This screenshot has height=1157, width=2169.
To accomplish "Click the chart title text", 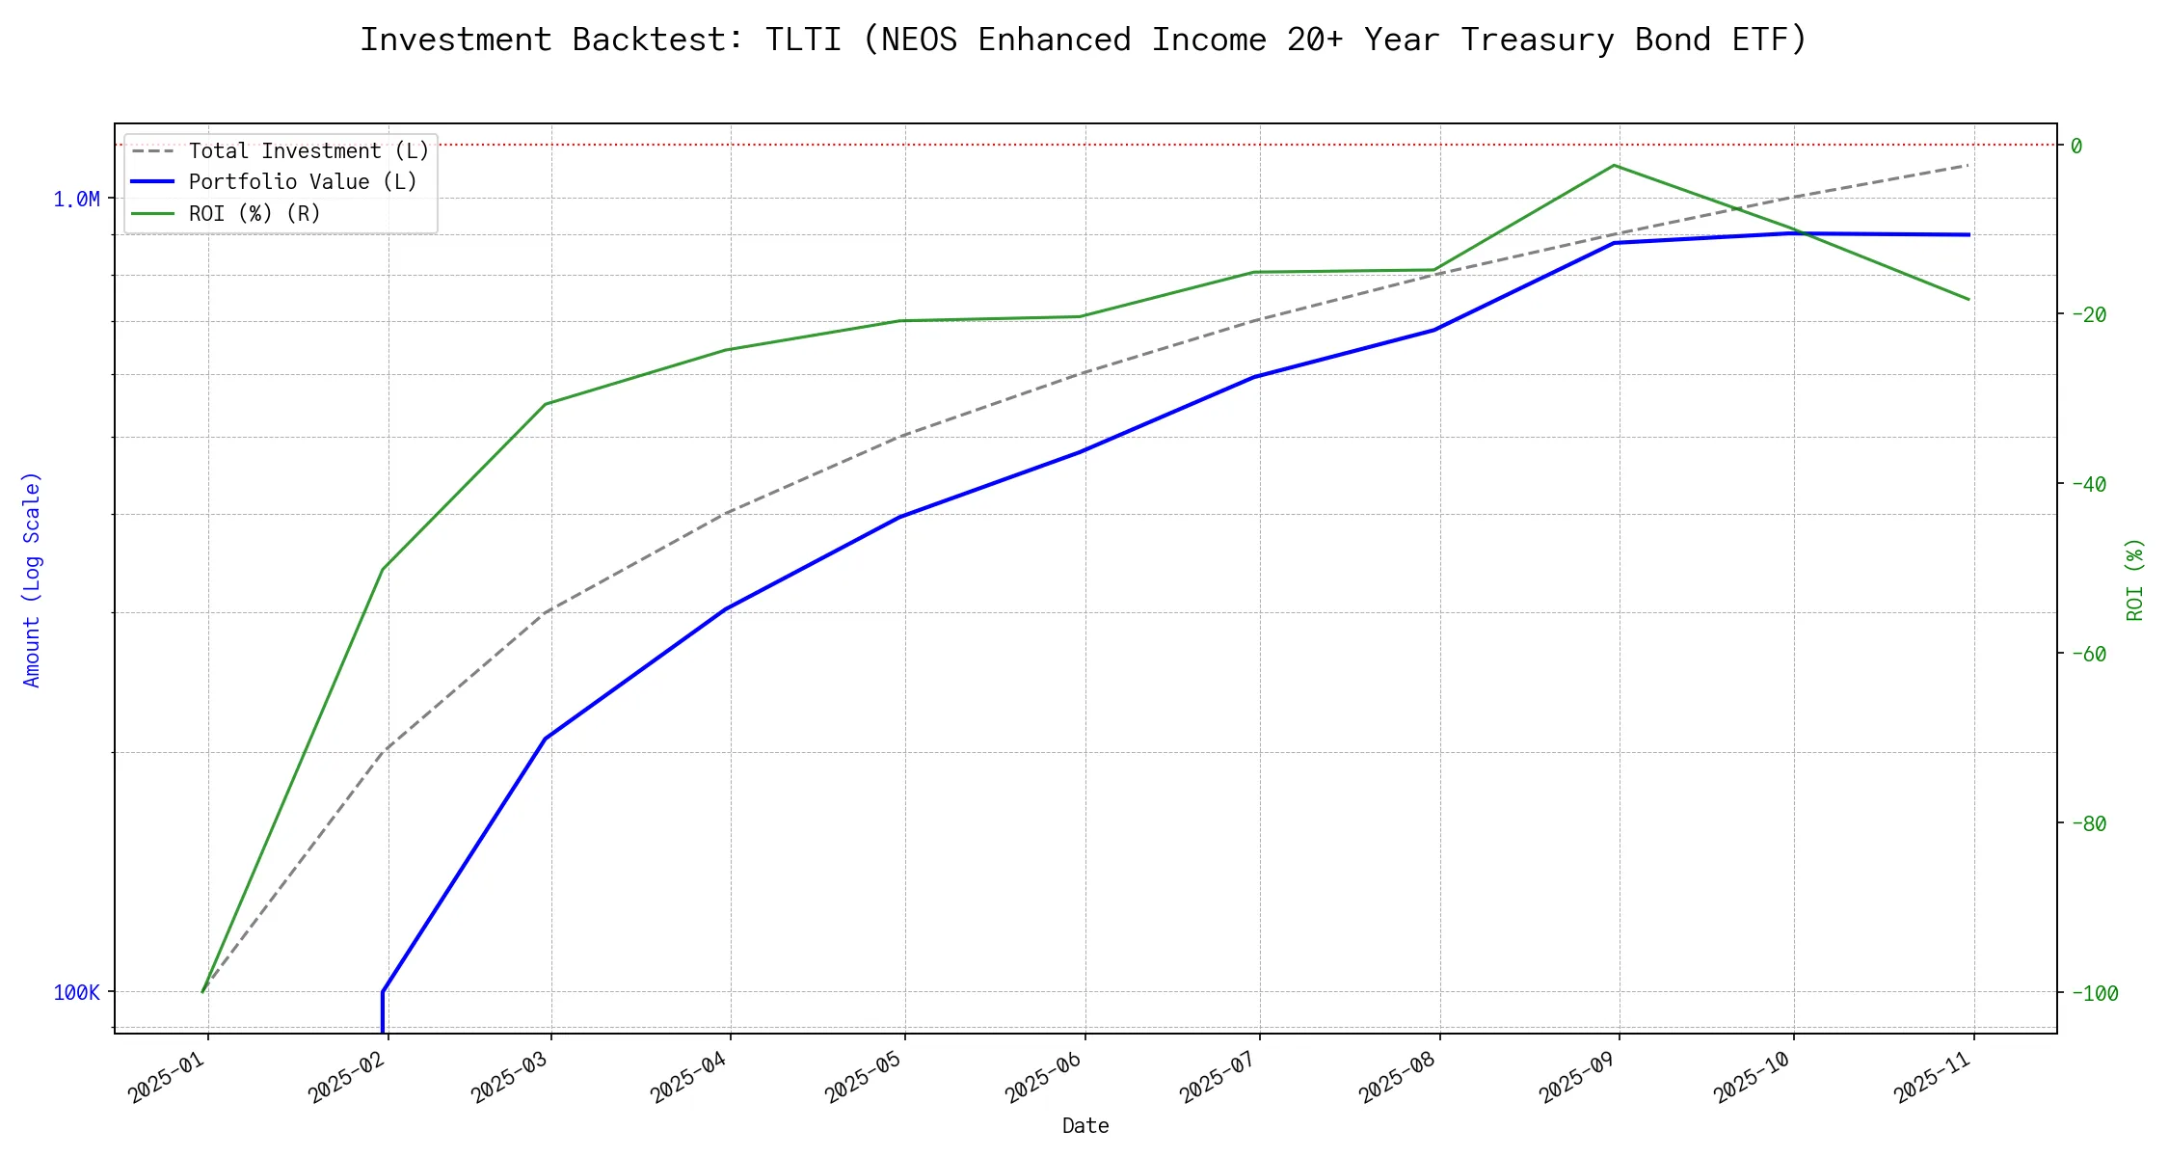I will point(1084,40).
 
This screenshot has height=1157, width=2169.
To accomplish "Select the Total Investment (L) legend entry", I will point(308,151).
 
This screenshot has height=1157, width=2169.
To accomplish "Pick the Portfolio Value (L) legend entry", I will point(303,182).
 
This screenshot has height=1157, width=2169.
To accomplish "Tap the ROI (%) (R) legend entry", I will point(254,213).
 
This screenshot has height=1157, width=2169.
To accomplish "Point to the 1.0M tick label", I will point(76,200).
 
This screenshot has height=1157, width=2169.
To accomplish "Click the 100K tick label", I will point(76,993).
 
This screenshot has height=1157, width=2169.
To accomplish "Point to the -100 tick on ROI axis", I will point(2094,993).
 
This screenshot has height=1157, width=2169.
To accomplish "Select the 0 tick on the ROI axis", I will point(2076,146).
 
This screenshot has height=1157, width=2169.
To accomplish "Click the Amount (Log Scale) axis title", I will point(33,578).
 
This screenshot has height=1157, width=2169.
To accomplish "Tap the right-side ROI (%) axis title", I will point(2135,578).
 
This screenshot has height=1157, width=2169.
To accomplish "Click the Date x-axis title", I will point(1085,1126).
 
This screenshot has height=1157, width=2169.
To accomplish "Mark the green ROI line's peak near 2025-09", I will point(1614,165).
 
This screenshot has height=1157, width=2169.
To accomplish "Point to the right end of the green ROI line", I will point(1968,299).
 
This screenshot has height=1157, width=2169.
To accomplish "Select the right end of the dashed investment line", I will point(1968,165).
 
